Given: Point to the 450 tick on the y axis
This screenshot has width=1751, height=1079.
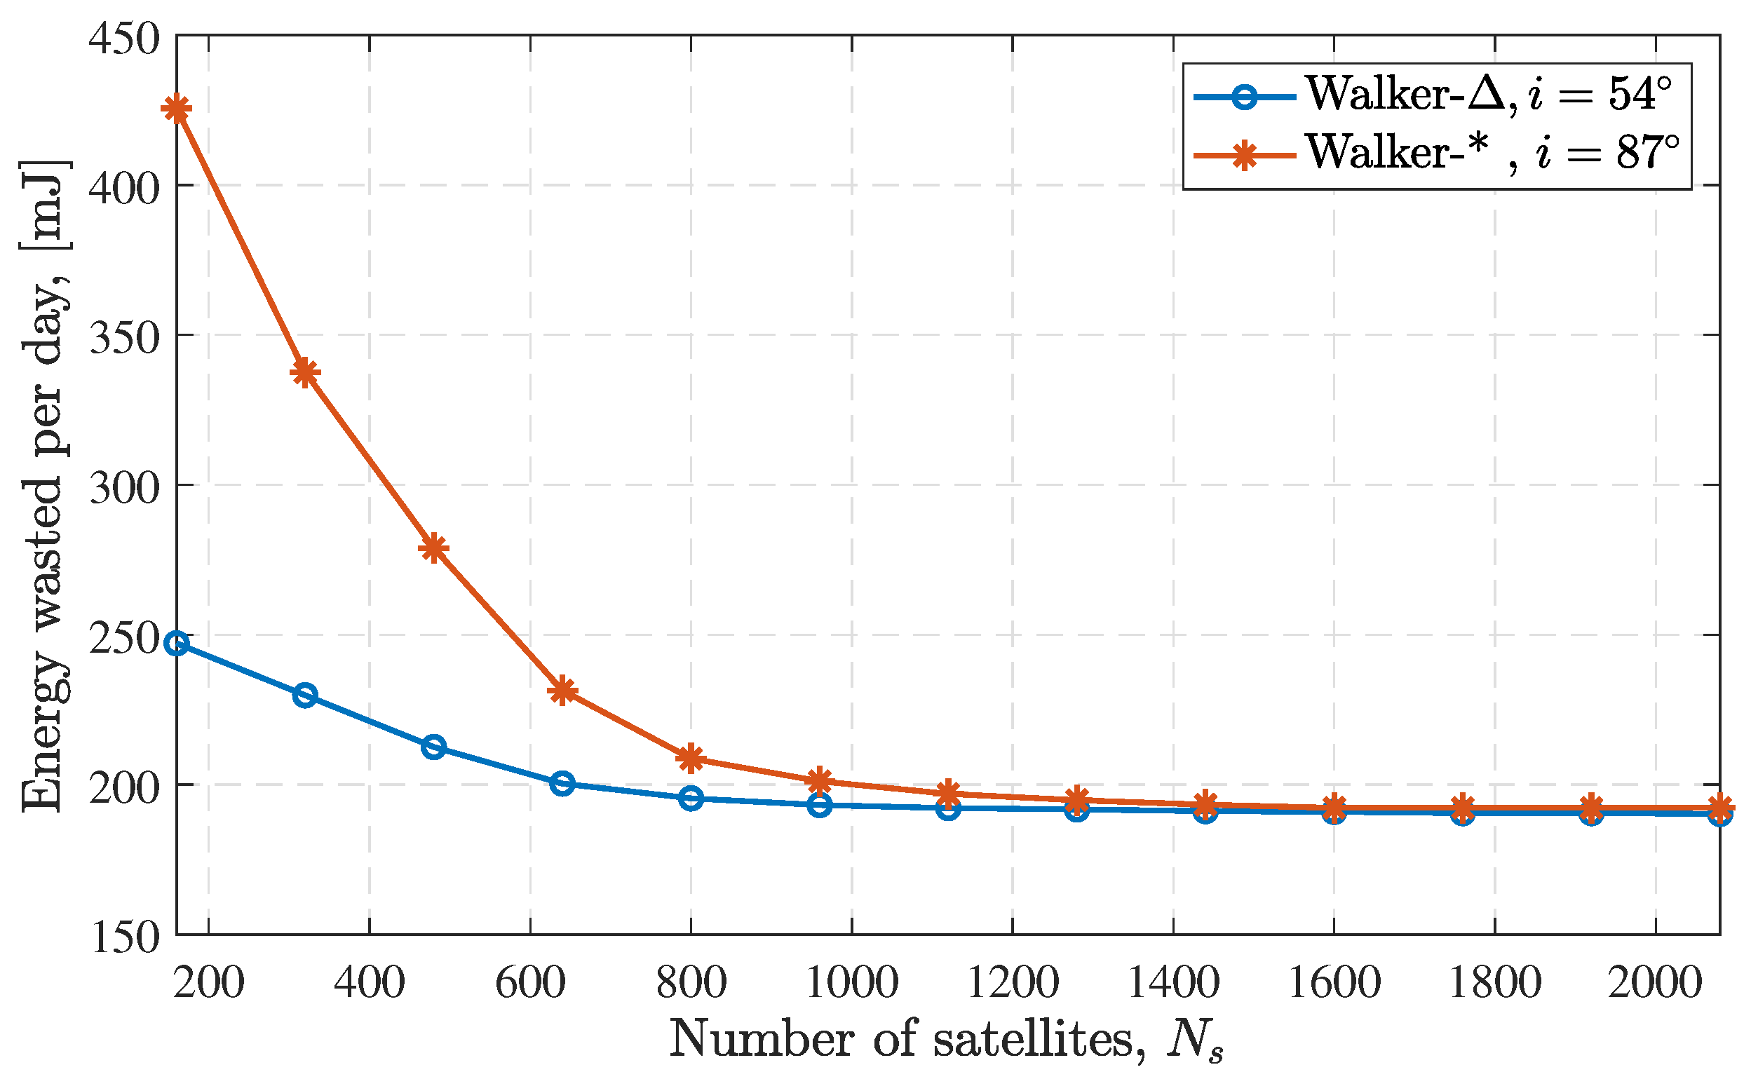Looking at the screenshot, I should pos(123,37).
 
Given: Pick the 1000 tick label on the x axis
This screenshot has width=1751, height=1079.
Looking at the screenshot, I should pos(851,983).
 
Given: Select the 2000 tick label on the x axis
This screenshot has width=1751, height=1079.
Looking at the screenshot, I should pos(1655,983).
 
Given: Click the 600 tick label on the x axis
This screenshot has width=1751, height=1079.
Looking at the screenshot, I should pos(530,983).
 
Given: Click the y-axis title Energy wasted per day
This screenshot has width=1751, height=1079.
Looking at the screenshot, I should pos(44,485).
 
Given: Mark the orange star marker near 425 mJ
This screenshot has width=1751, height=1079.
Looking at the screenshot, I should pos(176,109).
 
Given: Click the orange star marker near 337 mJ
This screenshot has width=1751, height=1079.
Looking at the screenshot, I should pos(305,372).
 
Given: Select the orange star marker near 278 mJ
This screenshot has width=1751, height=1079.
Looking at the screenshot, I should pos(434,548).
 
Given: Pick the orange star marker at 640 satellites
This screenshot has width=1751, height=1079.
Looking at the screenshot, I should pos(562,690).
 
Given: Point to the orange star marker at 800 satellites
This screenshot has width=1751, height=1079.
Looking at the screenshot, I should pos(691,759).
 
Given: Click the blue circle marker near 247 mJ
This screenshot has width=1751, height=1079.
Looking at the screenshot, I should pos(176,643).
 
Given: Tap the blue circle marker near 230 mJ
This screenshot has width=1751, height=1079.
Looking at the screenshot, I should pos(305,695).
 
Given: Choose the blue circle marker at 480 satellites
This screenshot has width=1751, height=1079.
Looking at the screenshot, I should pos(434,747).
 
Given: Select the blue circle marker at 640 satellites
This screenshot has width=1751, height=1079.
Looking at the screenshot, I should pos(562,784).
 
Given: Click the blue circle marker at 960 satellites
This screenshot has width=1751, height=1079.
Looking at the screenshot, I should pos(820,806).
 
